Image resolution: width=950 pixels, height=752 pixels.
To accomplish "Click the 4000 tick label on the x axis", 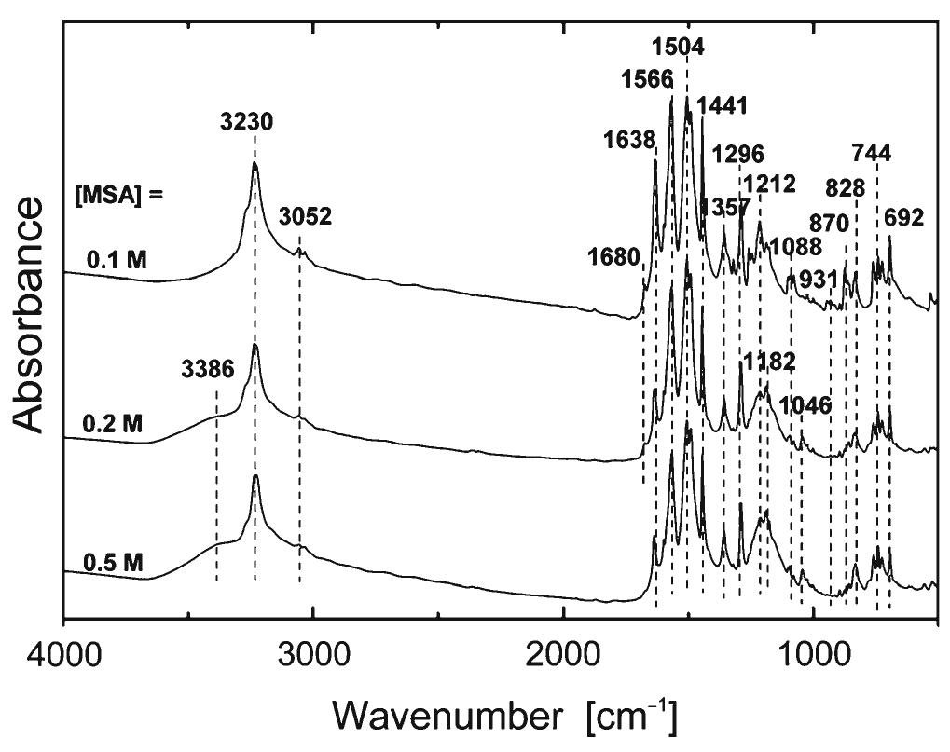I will [62, 650].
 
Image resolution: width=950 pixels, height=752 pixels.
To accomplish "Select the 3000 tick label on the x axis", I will [313, 650].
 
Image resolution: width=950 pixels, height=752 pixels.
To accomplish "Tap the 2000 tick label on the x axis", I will [563, 650].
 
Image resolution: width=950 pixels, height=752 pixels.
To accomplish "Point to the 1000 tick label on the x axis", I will [813, 650].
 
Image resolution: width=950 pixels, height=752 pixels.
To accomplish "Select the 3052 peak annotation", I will [305, 217].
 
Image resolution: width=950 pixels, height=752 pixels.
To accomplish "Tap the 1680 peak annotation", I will [615, 257].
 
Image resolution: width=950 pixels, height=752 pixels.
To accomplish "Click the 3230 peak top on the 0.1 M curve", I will [255, 165].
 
